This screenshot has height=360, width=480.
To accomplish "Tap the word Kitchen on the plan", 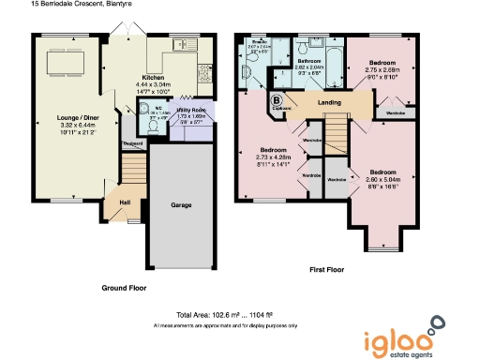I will coord(154,77).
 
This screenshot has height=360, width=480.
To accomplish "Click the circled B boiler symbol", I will coord(277,99).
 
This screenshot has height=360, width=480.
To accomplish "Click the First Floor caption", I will coord(328,269).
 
